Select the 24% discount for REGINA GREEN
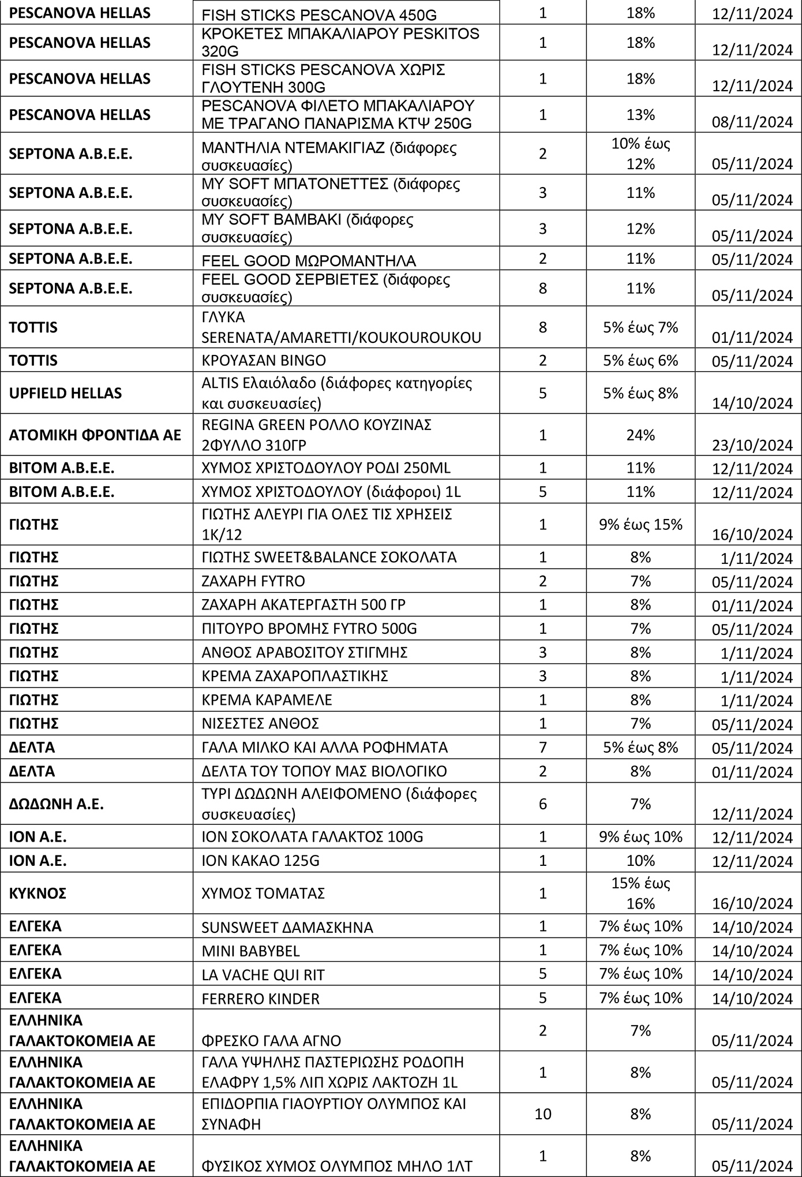point(640,435)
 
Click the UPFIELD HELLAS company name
point(65,393)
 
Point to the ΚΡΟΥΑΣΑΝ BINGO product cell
point(264,361)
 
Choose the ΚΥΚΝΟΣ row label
point(38,894)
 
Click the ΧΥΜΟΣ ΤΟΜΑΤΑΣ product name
point(263,894)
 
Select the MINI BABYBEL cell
point(250,951)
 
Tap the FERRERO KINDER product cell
point(260,999)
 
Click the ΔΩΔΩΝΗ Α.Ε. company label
point(56,804)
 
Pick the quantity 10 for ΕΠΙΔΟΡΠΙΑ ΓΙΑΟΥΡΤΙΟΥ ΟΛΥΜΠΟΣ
point(542,1114)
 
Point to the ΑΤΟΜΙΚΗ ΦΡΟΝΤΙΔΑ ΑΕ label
point(95,435)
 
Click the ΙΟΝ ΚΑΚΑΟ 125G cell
point(260,861)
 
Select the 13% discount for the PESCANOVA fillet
point(640,115)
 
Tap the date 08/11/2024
point(752,122)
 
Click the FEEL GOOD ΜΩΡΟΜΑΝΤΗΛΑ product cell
point(309,260)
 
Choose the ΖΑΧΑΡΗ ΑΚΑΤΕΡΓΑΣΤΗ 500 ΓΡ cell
point(303,605)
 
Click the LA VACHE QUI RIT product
point(263,975)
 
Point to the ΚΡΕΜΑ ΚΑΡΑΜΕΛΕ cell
point(267,700)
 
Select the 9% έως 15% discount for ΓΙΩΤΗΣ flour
point(640,524)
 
